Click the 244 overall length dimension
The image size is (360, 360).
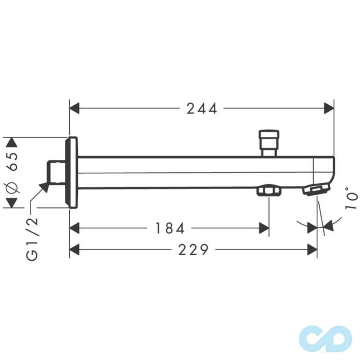[x=202, y=108]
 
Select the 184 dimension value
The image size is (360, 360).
[x=170, y=229]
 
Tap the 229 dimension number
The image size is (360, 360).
[x=193, y=249]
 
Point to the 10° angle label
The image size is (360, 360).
[x=352, y=198]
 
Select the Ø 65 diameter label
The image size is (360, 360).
[x=13, y=173]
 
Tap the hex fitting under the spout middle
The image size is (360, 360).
[x=268, y=192]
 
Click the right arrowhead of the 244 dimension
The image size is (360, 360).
[x=329, y=108]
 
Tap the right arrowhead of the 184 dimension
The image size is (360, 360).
[x=264, y=229]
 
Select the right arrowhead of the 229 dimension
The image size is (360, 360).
[x=312, y=249]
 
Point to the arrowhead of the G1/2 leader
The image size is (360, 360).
[x=44, y=186]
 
